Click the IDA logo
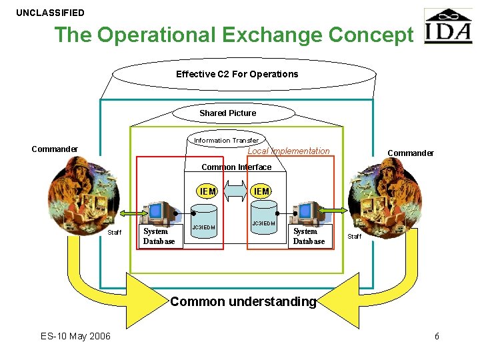[447, 26]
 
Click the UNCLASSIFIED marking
[51, 13]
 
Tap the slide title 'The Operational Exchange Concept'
[233, 35]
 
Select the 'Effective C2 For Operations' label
[237, 74]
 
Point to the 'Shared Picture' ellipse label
[227, 113]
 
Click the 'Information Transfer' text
[226, 141]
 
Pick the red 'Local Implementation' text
[288, 151]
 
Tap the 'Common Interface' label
[236, 167]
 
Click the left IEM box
[207, 192]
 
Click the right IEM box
[261, 192]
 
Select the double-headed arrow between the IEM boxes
[235, 192]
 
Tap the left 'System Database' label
[159, 237]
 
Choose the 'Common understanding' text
[243, 301]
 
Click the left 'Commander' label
[55, 149]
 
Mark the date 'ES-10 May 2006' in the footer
[75, 336]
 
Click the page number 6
[437, 336]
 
